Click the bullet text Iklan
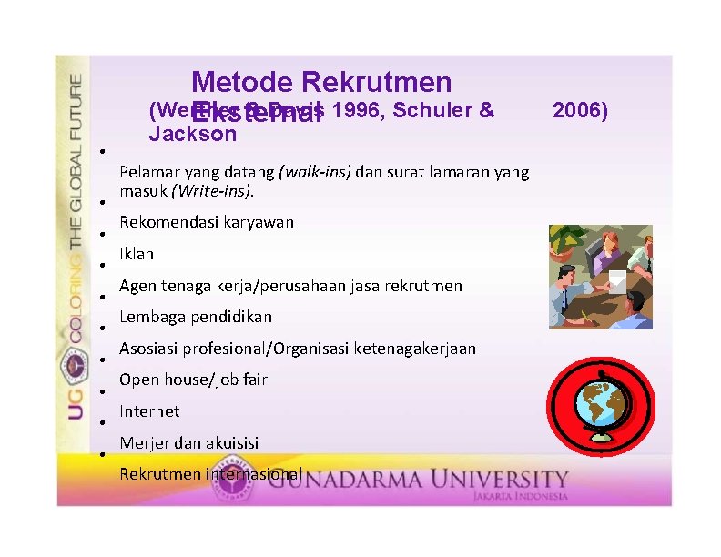point(137,254)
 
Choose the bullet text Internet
point(149,411)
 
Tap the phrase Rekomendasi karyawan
point(207,222)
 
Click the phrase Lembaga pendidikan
point(196,317)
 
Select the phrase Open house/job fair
point(193,380)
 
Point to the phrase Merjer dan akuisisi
point(189,443)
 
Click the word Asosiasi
point(148,349)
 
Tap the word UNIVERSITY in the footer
point(510,479)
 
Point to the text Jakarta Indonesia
point(520,496)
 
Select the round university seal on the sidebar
point(74,368)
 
